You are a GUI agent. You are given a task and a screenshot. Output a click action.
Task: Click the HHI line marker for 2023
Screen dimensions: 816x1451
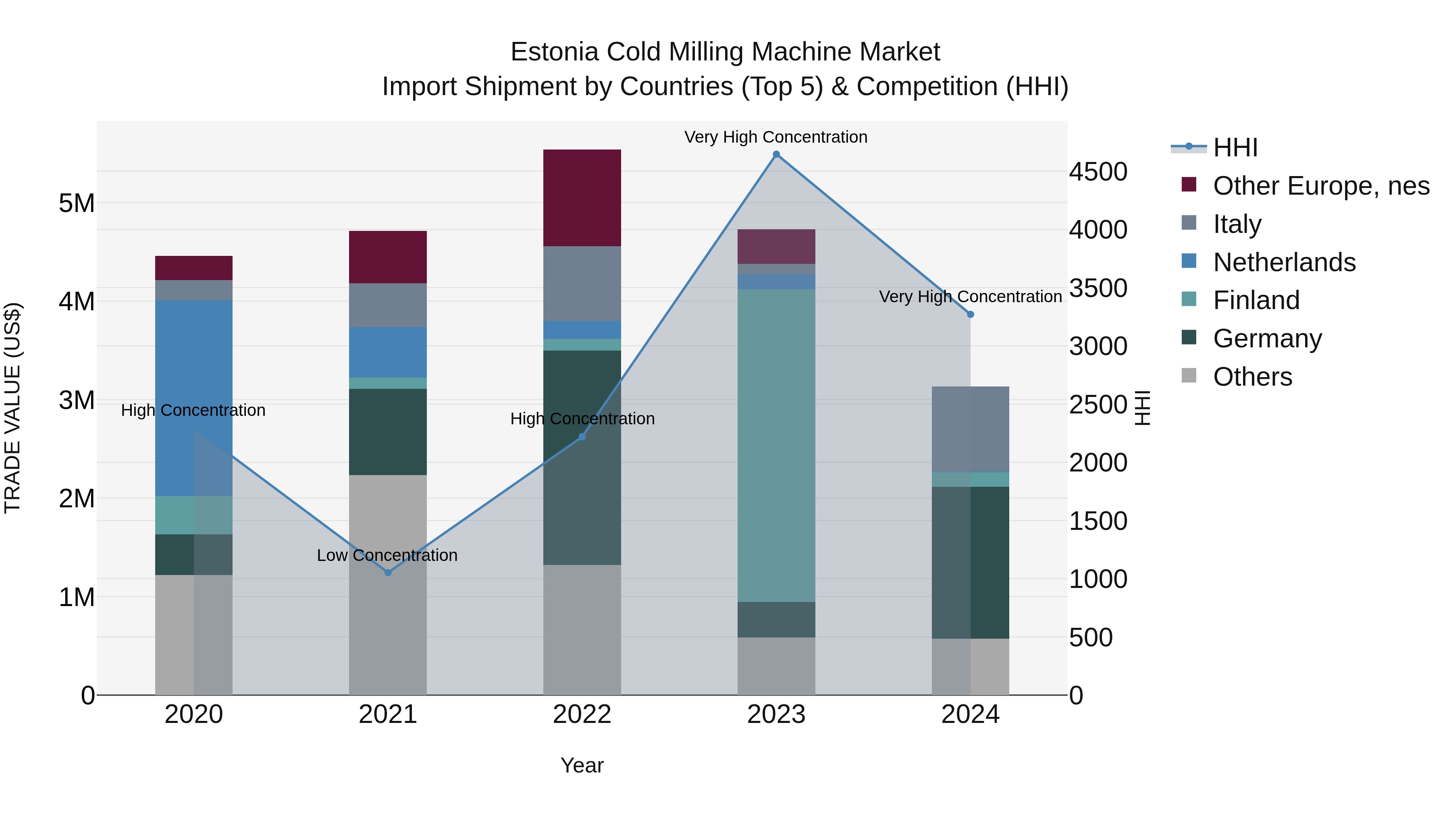(776, 154)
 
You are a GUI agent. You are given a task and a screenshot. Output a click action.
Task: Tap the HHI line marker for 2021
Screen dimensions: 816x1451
(387, 572)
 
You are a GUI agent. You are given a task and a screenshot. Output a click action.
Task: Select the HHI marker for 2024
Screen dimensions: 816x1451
(970, 314)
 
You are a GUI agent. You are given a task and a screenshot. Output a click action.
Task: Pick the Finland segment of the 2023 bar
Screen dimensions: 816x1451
(776, 445)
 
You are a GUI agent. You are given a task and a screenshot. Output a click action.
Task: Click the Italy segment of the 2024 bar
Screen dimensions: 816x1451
(970, 429)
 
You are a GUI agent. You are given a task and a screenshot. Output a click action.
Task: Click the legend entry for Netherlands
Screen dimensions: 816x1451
(1284, 262)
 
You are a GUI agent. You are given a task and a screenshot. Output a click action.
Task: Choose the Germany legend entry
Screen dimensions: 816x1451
(1267, 338)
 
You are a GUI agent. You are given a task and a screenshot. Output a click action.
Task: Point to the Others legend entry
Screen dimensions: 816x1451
(1252, 377)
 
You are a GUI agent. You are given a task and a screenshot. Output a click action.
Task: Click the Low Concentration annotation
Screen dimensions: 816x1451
(387, 555)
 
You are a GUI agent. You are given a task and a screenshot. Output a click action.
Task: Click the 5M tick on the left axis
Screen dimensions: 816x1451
(77, 203)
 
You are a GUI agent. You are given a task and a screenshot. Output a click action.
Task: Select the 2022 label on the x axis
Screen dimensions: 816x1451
(582, 714)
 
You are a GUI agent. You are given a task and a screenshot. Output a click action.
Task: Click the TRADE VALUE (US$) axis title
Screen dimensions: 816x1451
(12, 408)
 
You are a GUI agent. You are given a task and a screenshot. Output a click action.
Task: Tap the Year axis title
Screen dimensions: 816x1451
(582, 765)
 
